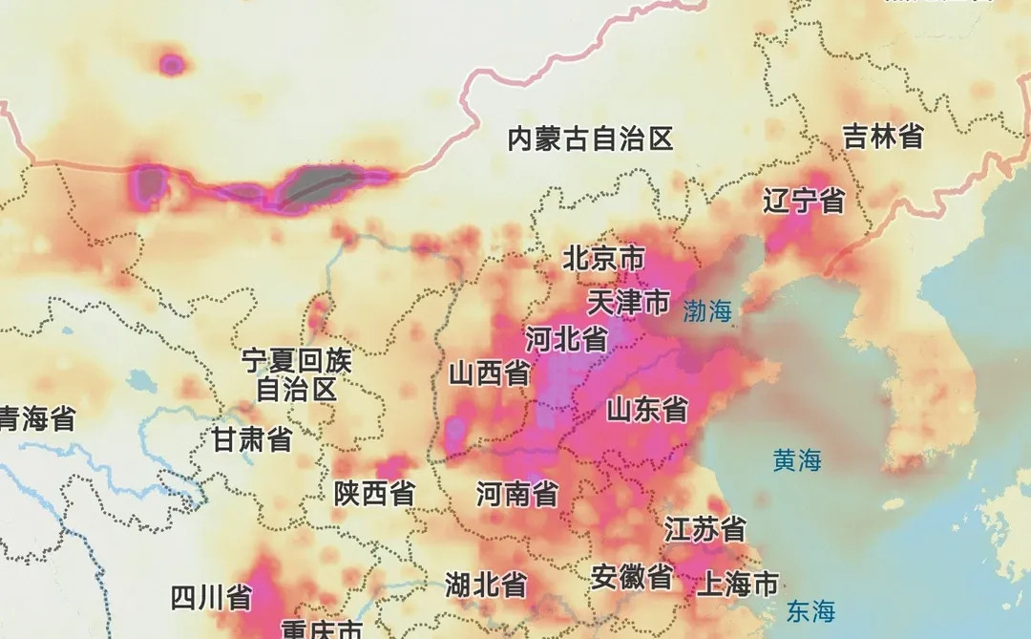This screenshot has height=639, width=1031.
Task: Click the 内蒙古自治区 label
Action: coord(590,139)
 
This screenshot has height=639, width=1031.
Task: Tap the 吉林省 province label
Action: coord(883,137)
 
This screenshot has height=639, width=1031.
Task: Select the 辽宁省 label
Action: coord(805,201)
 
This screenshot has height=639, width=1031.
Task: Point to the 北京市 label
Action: coord(603,259)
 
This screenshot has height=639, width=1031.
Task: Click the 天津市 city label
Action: coord(628,303)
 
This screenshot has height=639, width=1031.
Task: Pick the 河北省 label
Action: coord(567,339)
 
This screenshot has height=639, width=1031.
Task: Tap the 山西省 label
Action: coord(490,373)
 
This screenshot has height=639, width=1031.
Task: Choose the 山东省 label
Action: coord(647,410)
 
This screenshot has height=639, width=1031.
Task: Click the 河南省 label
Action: coord(517,494)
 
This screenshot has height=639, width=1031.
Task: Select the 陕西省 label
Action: coord(374,493)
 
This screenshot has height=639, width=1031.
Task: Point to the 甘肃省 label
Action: coord(252,439)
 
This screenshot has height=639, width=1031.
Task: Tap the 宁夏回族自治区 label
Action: coord(297,375)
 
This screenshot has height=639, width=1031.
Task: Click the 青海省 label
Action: coord(36,418)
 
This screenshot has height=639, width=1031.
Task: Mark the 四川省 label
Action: coord(211,598)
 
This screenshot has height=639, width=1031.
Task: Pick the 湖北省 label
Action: coord(486,584)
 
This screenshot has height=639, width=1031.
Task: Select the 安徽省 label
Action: coord(631,577)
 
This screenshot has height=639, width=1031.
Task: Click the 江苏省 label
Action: coord(705,528)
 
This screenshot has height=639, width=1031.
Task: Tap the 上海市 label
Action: coord(738,584)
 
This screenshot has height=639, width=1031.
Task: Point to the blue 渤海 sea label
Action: coord(706,310)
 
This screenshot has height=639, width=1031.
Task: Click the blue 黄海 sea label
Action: coord(797,461)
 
